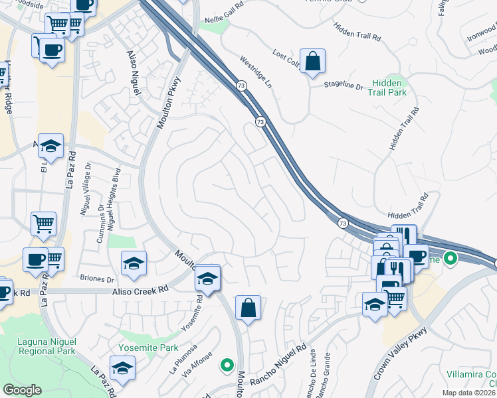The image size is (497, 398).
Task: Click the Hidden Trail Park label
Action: point(389,87)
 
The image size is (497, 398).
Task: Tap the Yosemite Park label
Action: point(148,348)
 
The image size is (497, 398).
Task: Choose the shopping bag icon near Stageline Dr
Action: point(312,62)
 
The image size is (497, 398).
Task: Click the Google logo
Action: point(22,390)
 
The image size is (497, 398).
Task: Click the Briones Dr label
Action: point(96,279)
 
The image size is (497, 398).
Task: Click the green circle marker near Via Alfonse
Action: point(227,365)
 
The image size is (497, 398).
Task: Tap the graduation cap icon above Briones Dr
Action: point(134,264)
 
